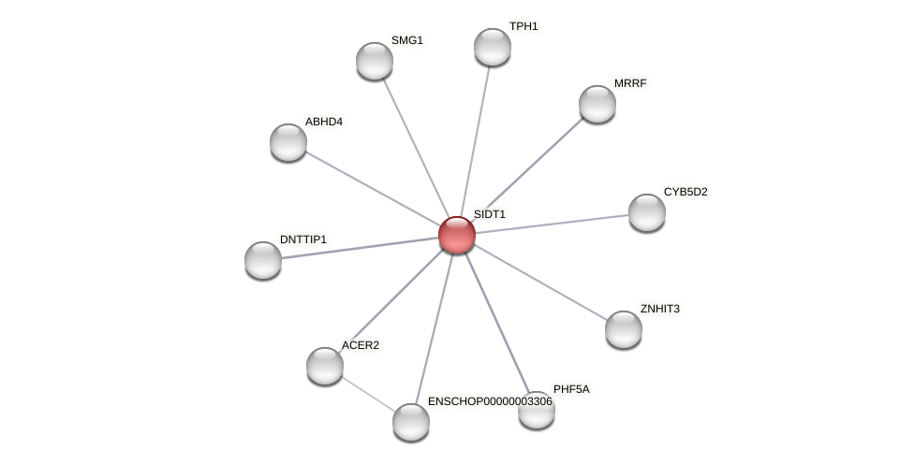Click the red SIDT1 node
click(457, 235)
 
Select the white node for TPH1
click(493, 47)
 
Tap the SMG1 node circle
click(375, 61)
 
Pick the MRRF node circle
click(597, 104)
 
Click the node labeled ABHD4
click(288, 142)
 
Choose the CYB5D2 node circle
click(647, 212)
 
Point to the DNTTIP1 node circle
click(263, 260)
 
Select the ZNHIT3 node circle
click(624, 329)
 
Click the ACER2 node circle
click(325, 366)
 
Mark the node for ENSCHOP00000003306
click(411, 422)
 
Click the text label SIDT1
click(489, 214)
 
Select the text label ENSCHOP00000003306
click(490, 401)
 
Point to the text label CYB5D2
click(685, 192)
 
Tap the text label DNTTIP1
click(303, 239)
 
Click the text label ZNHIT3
click(660, 309)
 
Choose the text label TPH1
click(523, 26)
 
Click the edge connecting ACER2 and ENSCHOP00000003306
click(368, 394)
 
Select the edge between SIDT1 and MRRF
click(527, 169)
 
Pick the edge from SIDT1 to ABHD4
click(373, 189)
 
